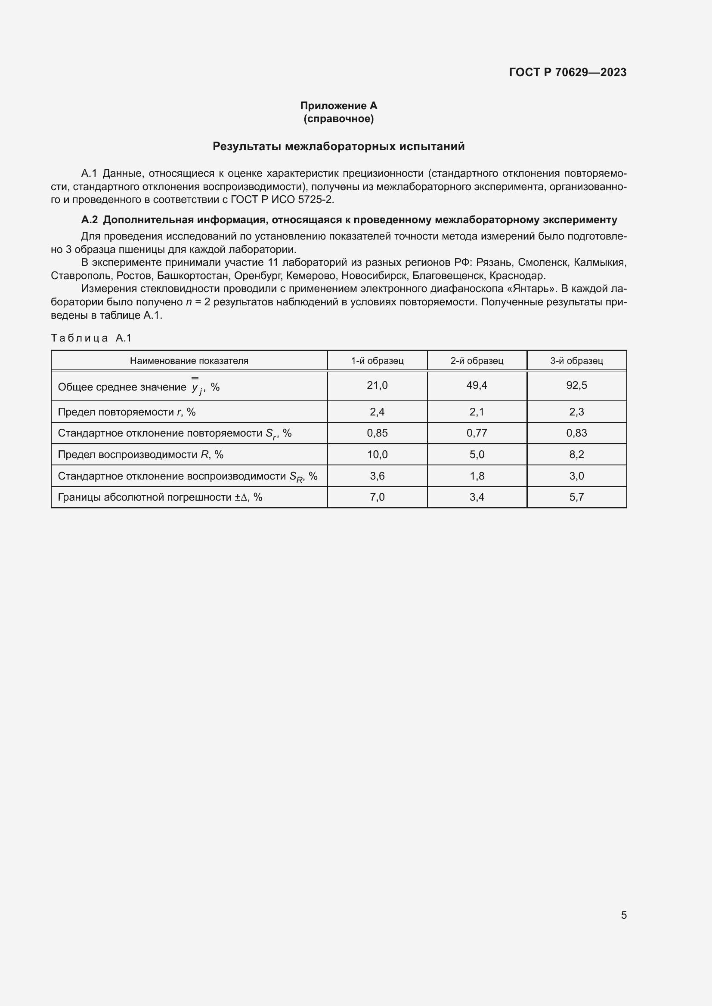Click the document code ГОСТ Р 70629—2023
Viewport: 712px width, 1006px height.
pyautogui.click(x=567, y=72)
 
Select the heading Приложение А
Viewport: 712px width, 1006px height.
pyautogui.click(x=338, y=106)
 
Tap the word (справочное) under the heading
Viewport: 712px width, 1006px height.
pyautogui.click(x=338, y=119)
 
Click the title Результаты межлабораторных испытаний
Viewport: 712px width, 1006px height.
pyautogui.click(x=338, y=146)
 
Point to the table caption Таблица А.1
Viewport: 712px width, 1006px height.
pyautogui.click(x=91, y=338)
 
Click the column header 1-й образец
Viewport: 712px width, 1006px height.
pyautogui.click(x=377, y=360)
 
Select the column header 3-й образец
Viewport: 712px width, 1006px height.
pyautogui.click(x=576, y=360)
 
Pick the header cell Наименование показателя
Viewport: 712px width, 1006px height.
pyautogui.click(x=189, y=360)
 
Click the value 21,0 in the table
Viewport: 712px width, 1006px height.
pyautogui.click(x=377, y=385)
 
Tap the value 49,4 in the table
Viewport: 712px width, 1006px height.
pyautogui.click(x=477, y=385)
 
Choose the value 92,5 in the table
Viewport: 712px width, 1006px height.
pyautogui.click(x=576, y=385)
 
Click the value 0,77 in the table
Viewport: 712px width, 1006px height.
pyautogui.click(x=477, y=433)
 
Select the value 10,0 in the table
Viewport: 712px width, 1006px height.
pyautogui.click(x=377, y=454)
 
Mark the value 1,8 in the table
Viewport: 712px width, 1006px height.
pyautogui.click(x=477, y=476)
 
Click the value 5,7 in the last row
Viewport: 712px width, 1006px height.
pyautogui.click(x=576, y=497)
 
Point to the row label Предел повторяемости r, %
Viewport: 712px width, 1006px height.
pyautogui.click(x=127, y=412)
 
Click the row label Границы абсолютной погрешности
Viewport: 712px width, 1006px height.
pyautogui.click(x=160, y=497)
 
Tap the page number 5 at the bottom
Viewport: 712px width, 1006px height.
pyautogui.click(x=623, y=915)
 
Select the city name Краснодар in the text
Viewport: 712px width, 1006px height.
pyautogui.click(x=517, y=276)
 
